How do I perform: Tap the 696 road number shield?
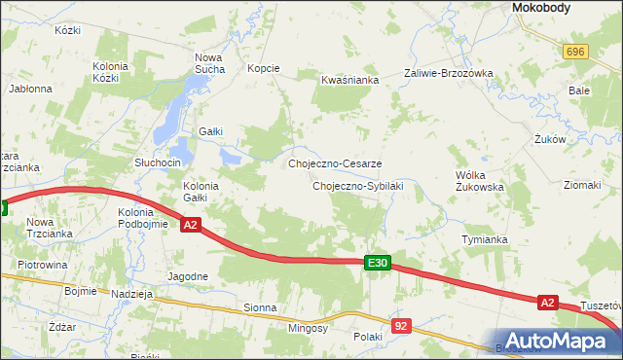click(x=575, y=52)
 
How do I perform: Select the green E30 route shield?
click(x=378, y=263)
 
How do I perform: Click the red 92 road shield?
click(x=401, y=326)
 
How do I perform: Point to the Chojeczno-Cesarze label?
click(x=335, y=163)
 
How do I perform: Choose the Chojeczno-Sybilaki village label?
click(x=357, y=185)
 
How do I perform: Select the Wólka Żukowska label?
click(x=479, y=181)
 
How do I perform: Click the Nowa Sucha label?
click(x=209, y=63)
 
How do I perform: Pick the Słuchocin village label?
click(x=158, y=162)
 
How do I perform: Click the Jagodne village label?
click(x=187, y=276)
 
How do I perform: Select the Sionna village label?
click(x=261, y=307)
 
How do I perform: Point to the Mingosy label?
click(x=310, y=328)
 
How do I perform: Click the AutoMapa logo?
click(x=558, y=340)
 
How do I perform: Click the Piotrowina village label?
click(x=42, y=264)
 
